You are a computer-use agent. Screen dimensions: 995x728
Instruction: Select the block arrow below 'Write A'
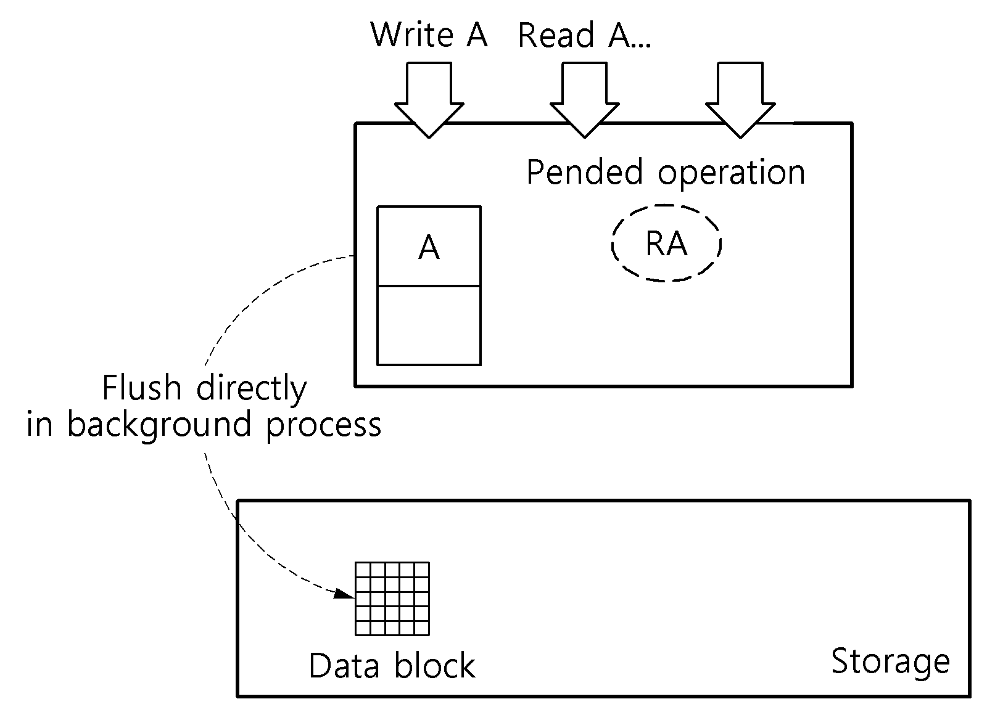429,100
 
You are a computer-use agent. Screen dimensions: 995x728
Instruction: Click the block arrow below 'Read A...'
585,100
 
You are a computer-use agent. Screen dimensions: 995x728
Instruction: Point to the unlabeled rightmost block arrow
740,100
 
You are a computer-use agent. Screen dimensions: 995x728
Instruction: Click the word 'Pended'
585,171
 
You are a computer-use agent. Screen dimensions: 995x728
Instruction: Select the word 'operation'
731,174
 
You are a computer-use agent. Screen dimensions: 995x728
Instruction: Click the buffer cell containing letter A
429,246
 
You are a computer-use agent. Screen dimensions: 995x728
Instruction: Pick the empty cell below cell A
429,326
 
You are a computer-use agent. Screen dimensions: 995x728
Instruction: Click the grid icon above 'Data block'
392,599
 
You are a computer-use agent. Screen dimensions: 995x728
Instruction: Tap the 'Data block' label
392,666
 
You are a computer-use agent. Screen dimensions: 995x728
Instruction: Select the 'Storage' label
890,662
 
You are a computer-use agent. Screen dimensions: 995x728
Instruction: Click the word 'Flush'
142,387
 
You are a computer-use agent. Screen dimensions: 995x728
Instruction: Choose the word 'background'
159,426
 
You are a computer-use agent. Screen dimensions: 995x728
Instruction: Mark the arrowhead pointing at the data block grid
344,594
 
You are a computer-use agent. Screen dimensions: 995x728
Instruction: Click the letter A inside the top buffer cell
429,247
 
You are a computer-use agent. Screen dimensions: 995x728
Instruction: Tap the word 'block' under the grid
435,666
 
